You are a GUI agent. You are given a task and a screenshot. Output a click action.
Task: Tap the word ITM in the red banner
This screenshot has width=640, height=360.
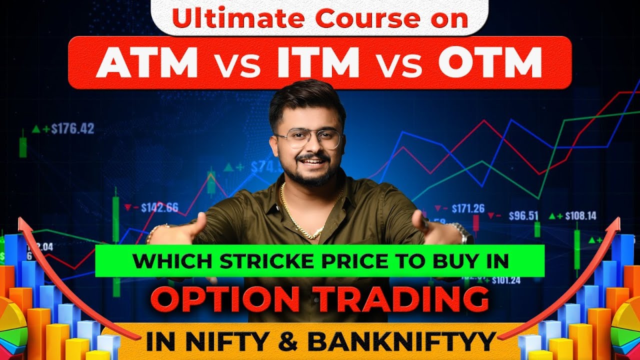coord(316,63)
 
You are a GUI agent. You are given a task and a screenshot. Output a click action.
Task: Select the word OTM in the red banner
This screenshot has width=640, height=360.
coord(490,63)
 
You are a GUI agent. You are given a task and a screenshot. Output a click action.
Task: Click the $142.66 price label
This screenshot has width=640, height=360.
coord(159,207)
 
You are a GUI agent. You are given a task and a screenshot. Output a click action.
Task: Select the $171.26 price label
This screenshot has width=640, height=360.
coord(467,208)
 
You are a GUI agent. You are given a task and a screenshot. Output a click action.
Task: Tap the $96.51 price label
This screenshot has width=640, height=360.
coord(523,216)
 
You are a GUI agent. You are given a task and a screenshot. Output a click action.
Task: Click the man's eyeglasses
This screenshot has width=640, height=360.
coord(309,138)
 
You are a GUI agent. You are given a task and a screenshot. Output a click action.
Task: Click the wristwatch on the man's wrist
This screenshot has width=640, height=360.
coord(464,233)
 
